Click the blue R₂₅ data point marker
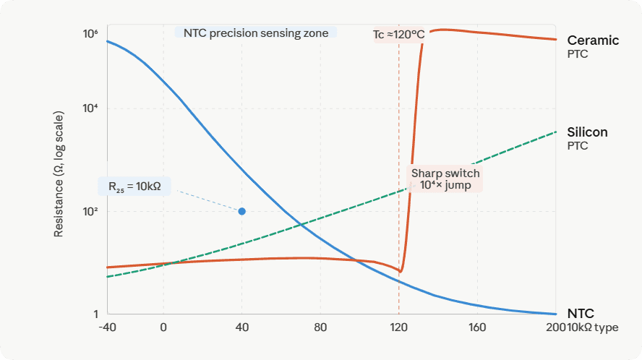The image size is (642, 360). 242,211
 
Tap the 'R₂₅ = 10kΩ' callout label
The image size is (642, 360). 134,187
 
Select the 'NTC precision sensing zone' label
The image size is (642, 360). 256,33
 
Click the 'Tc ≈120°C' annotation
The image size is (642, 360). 398,34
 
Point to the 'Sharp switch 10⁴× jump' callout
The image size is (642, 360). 445,179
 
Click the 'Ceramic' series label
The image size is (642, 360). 593,40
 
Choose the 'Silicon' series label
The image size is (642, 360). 587,132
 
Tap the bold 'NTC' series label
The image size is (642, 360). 581,314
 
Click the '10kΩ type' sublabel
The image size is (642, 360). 593,327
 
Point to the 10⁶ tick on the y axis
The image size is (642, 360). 90,34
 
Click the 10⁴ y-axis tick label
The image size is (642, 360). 90,108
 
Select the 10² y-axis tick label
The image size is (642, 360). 90,212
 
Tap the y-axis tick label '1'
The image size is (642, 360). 95,314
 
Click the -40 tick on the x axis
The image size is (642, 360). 106,327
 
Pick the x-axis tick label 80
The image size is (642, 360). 320,327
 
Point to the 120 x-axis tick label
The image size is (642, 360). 398,327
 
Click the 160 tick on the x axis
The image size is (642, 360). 477,327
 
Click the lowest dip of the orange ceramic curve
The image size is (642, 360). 401,273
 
